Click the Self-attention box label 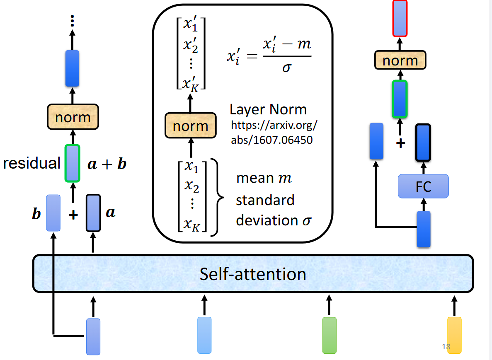tap(253, 274)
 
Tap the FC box tap(423, 186)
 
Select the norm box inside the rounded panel tap(190, 126)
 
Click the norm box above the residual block tap(73, 117)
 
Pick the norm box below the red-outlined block tap(400, 60)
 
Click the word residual tap(32, 163)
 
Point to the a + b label tap(107, 164)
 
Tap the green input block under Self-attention tap(329, 335)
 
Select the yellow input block tap(454, 335)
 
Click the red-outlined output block tap(400, 17)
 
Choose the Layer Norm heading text tap(268, 110)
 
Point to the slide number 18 tap(446, 347)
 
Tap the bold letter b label tap(36, 214)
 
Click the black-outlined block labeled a tap(93, 213)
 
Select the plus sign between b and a tap(73, 215)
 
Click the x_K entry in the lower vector tap(191, 225)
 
